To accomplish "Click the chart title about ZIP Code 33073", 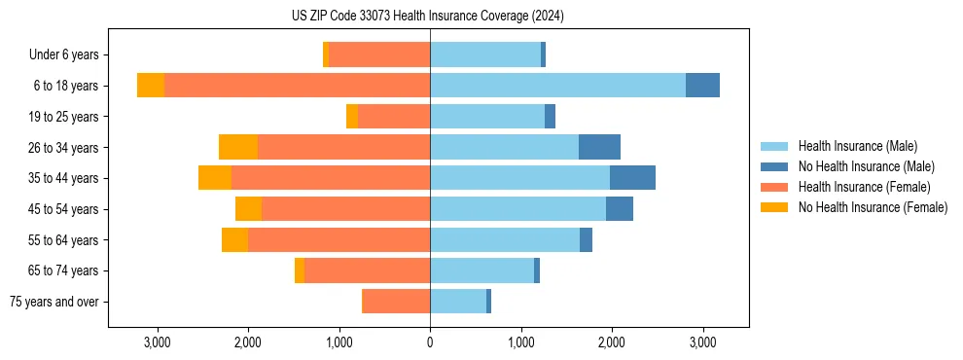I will [428, 17].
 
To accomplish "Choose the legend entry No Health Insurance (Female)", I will [873, 207].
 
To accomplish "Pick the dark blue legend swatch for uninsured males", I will [774, 166].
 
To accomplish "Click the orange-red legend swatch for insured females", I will [774, 187].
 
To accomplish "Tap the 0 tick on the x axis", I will [430, 342].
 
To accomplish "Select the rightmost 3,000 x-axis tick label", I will [703, 342].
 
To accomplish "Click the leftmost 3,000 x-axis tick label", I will [157, 342].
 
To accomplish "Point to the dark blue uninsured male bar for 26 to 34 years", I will [599, 147].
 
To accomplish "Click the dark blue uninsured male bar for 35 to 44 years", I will [632, 178].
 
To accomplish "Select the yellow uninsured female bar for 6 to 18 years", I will [151, 86].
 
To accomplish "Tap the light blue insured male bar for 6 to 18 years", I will [557, 86].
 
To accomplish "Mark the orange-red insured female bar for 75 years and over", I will [396, 302].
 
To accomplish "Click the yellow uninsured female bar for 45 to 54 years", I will [248, 209].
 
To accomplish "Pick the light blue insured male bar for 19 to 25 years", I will [487, 117].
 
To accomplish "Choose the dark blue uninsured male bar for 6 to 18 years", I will [702, 86].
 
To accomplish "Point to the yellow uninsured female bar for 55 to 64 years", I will [234, 240].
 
